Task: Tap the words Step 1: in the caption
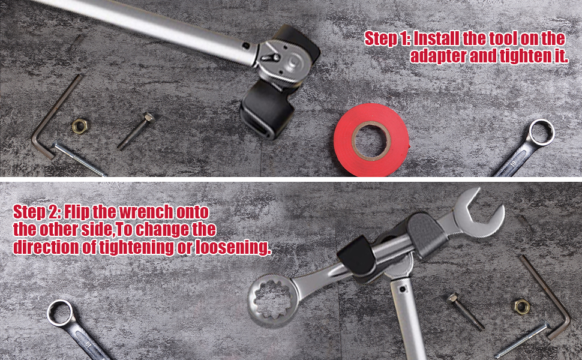[388, 39]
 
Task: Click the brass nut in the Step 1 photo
[79, 125]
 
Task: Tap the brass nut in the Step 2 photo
[521, 306]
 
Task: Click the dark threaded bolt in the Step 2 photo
[466, 311]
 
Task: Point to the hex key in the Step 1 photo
[51, 116]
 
